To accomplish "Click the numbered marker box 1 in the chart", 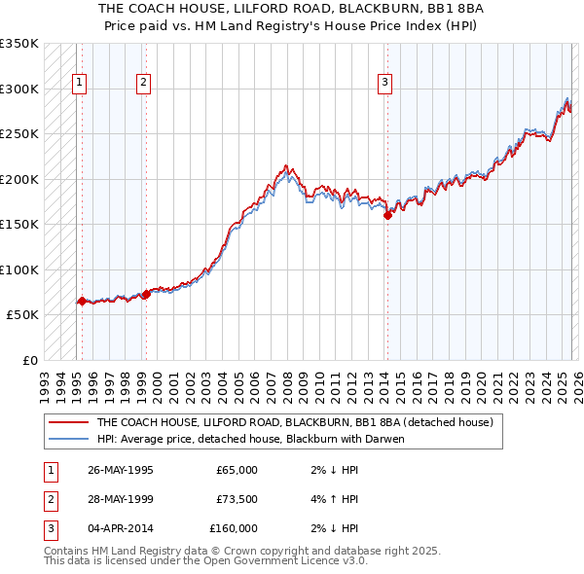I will pos(78,84).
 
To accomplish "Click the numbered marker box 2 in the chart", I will pos(143,84).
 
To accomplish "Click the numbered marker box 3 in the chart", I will pos(384,84).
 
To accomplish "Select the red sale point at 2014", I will pos(387,216).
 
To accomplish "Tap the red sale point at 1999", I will pos(146,293).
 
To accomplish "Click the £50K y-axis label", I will pos(23,315).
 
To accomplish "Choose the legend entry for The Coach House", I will pos(295,422).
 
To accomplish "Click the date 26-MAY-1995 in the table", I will pos(120,470).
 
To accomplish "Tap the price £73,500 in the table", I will pos(237,499).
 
